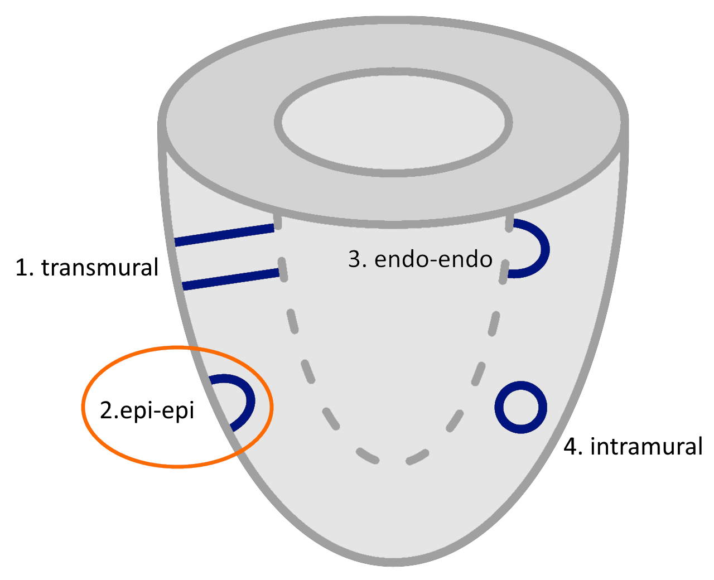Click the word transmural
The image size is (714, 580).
click(x=100, y=268)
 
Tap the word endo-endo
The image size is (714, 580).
click(x=433, y=259)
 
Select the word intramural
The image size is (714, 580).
click(x=646, y=447)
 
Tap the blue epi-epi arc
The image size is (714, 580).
click(x=250, y=399)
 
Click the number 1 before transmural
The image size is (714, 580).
click(x=22, y=268)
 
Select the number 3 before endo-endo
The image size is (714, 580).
click(x=355, y=259)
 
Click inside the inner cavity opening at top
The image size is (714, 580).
click(x=393, y=123)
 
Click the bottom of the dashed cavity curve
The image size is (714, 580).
click(x=393, y=462)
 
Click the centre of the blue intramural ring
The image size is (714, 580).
click(x=521, y=407)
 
